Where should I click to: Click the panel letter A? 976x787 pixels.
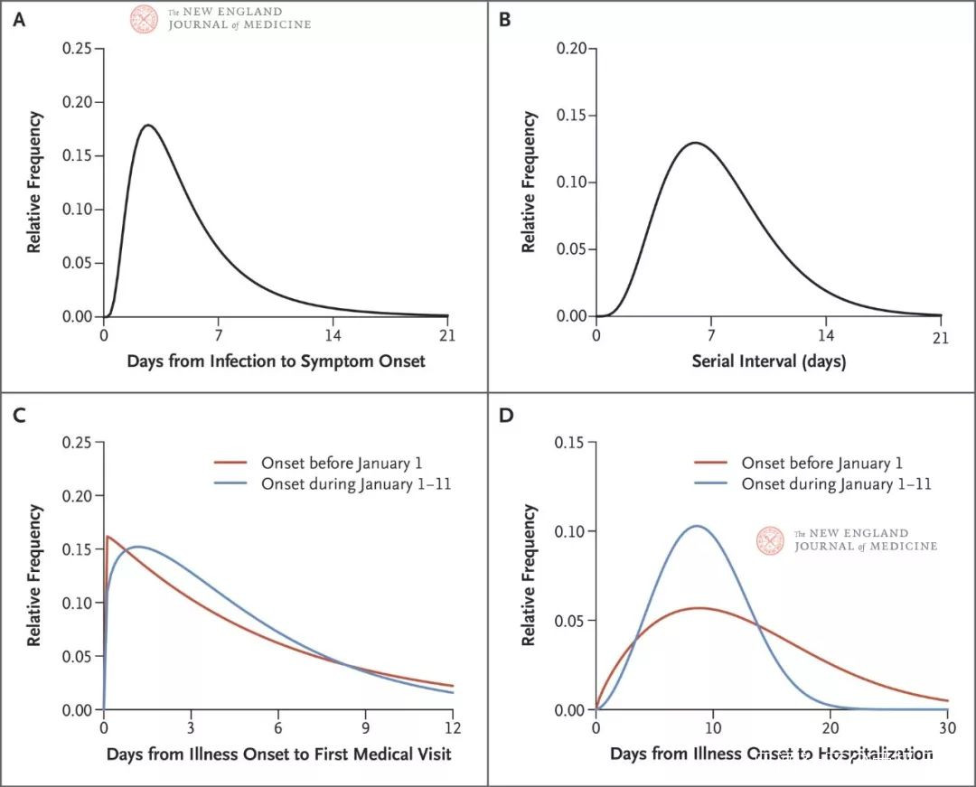[x=17, y=19]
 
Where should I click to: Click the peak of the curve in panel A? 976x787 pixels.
[x=147, y=126]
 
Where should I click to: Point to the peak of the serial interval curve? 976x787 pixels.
[x=694, y=143]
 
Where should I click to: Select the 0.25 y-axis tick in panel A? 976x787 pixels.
[x=76, y=49]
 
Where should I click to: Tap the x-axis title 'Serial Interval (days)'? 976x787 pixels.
[x=768, y=361]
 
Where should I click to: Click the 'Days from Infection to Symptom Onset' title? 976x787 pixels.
[x=276, y=361]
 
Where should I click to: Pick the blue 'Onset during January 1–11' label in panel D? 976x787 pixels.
[x=836, y=484]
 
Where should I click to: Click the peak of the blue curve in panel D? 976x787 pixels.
[x=696, y=526]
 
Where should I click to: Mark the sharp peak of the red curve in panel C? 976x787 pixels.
[x=108, y=537]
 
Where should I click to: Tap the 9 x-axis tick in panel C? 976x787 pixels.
[x=365, y=726]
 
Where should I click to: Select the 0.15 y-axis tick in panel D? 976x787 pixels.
[x=570, y=442]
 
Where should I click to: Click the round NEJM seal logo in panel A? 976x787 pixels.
[x=144, y=19]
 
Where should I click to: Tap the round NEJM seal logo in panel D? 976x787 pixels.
[x=770, y=540]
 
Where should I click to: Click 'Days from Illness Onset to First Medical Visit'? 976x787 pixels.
[x=278, y=754]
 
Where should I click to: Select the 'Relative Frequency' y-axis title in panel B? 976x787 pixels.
[x=530, y=181]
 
